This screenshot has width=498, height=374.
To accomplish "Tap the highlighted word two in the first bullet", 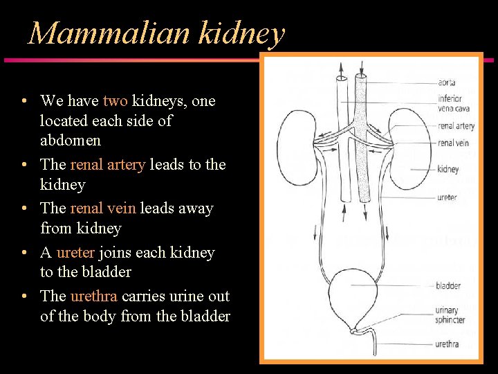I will [115, 101].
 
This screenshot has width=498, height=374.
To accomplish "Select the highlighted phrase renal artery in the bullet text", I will [107, 165].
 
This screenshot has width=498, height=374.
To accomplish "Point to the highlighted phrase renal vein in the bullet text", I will [103, 208].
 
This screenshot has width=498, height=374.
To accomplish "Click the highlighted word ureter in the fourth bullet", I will [76, 253].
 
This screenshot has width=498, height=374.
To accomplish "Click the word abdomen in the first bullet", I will [71, 141].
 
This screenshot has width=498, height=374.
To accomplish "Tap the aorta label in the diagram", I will [447, 83].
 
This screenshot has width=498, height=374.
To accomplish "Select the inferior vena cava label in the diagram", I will [450, 104].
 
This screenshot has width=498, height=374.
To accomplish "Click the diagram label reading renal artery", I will [456, 127].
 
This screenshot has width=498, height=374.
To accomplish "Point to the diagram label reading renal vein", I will [453, 143].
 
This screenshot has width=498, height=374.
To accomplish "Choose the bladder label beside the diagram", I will [448, 285].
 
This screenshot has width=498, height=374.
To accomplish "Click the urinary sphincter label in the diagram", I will [450, 316].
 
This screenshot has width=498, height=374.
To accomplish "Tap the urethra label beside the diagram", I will [447, 344].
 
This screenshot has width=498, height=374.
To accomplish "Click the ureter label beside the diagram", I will [447, 197].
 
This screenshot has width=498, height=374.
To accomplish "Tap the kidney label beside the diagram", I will [448, 169].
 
